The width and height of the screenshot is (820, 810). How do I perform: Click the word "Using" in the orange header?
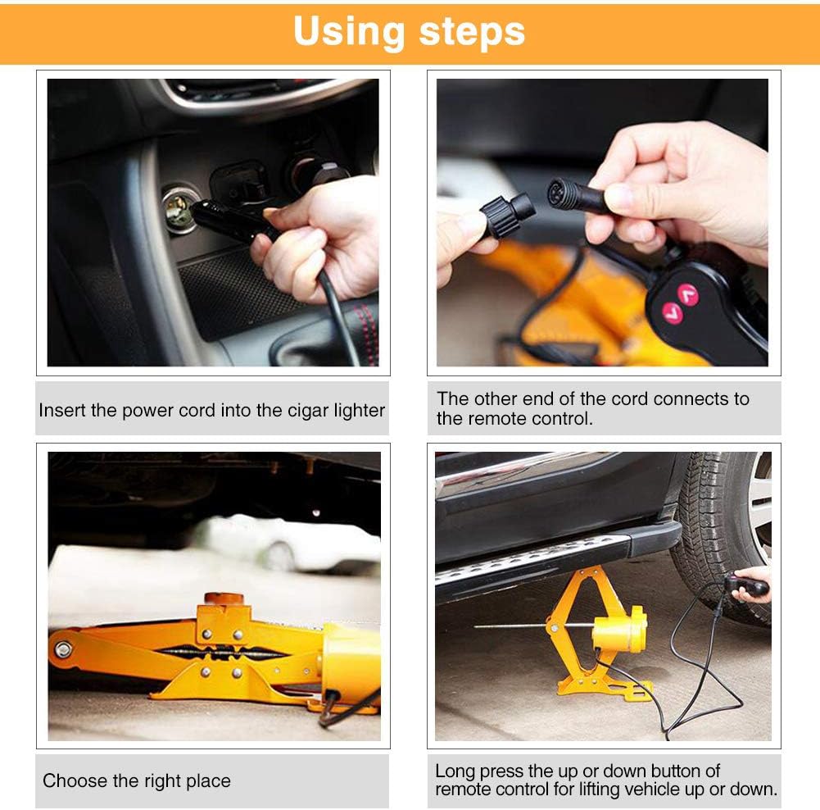(349, 33)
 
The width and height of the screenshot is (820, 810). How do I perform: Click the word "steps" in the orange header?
(472, 33)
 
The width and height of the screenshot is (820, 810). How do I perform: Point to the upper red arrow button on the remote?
(687, 294)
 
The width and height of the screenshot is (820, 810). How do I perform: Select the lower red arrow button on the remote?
(673, 313)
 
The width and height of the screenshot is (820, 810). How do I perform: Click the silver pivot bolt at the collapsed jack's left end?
(63, 649)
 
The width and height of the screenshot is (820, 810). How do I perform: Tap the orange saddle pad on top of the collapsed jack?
(224, 598)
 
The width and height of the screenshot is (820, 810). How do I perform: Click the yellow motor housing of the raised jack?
(619, 630)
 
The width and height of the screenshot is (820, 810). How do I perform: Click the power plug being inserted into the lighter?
(230, 220)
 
